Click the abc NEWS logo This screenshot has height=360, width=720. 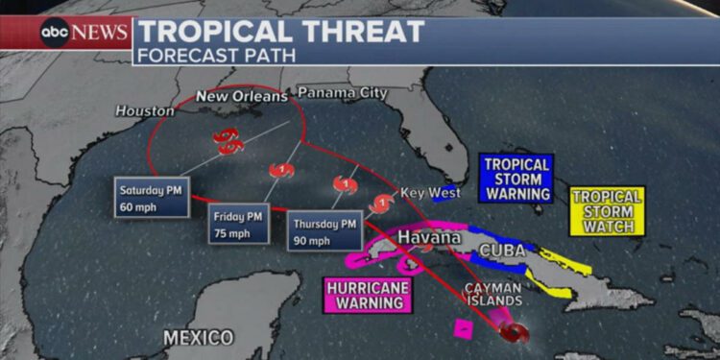(x=84, y=32)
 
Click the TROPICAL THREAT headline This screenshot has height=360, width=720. (x=279, y=31)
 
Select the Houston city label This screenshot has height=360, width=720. (x=145, y=111)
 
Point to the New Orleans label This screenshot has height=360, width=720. (x=241, y=97)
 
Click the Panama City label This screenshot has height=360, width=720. (x=342, y=93)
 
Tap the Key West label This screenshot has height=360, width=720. (x=424, y=192)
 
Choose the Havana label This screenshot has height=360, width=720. (x=429, y=236)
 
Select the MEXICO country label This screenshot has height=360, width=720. (x=198, y=337)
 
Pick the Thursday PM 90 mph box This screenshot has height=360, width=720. (x=324, y=231)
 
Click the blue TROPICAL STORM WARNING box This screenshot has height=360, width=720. (x=516, y=179)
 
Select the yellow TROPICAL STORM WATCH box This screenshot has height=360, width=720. (x=607, y=210)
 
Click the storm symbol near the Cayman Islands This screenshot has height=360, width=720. (x=515, y=332)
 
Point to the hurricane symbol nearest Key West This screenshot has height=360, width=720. (x=383, y=204)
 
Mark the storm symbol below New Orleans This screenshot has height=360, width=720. (x=227, y=142)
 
